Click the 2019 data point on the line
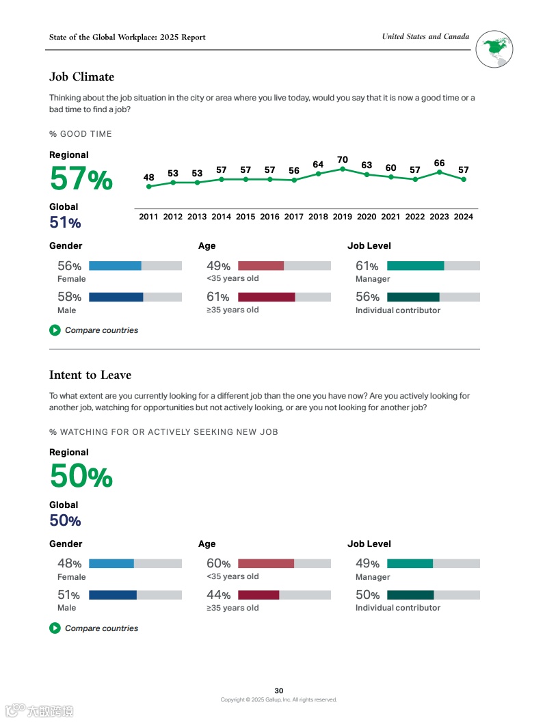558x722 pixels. [x=343, y=168]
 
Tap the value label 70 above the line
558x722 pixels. [x=343, y=159]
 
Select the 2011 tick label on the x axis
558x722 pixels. [x=148, y=217]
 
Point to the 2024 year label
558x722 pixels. [x=464, y=217]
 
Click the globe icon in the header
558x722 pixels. [x=494, y=49]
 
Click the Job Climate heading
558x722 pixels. [x=81, y=77]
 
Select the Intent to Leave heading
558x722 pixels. [x=90, y=375]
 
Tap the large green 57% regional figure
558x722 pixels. [x=81, y=179]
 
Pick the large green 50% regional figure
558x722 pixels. [x=81, y=477]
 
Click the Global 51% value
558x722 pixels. [x=65, y=222]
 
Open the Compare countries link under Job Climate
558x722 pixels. [x=101, y=330]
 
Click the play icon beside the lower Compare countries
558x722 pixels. [x=55, y=628]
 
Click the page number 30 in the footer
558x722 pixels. [x=279, y=691]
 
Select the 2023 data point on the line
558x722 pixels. [x=440, y=172]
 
